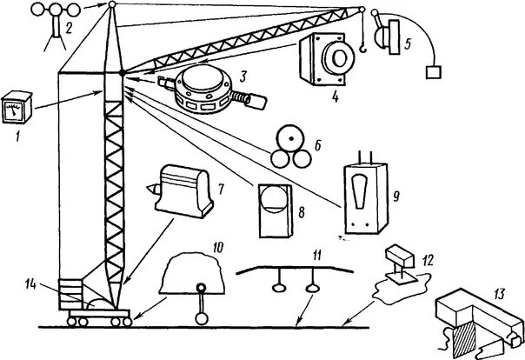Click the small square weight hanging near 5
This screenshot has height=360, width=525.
(431, 73)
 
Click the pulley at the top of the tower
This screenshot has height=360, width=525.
(112, 6)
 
